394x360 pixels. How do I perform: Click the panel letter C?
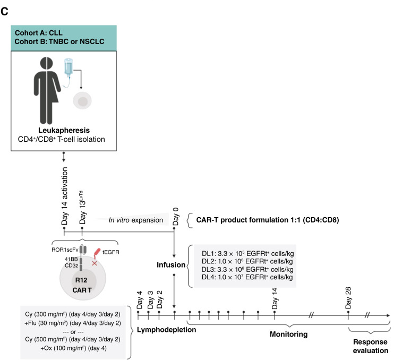(x=4, y=11)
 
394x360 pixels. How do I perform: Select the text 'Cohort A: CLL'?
(x=38, y=33)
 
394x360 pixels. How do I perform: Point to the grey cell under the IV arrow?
(x=82, y=101)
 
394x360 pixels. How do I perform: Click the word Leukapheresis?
(x=64, y=130)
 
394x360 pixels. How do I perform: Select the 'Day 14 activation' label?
(x=65, y=196)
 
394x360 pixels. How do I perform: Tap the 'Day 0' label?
(x=176, y=216)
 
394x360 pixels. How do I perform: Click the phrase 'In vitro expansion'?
(x=136, y=220)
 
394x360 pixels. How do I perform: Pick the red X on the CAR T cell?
(x=95, y=263)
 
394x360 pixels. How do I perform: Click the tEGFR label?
(x=111, y=252)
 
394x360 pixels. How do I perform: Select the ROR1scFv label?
(x=65, y=250)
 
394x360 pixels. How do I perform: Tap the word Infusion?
(x=171, y=265)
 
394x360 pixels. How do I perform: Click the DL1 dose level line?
(x=248, y=253)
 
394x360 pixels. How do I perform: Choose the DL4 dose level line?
(x=247, y=277)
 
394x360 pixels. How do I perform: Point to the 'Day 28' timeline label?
(x=348, y=298)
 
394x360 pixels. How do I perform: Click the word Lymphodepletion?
(x=166, y=330)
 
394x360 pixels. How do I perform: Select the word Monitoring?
(x=289, y=334)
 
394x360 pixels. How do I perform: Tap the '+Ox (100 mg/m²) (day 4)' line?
(x=73, y=348)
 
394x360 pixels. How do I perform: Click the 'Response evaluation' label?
(x=371, y=346)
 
